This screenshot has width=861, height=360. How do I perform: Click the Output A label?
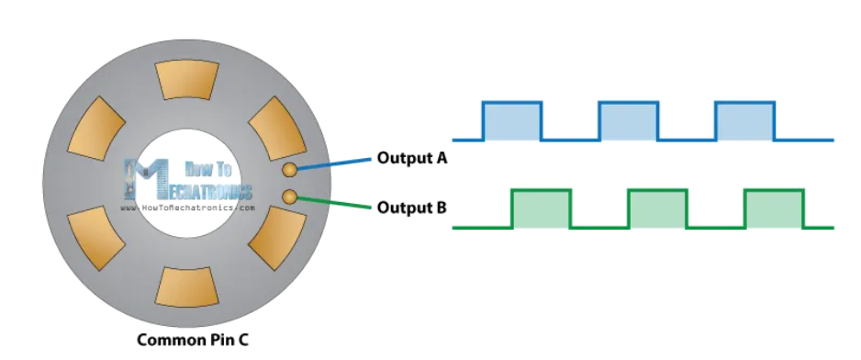click(412, 158)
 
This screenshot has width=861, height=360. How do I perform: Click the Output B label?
click(412, 208)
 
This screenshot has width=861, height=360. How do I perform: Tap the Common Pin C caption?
click(192, 340)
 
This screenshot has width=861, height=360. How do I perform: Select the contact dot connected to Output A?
click(289, 170)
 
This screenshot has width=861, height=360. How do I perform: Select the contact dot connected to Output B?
click(289, 197)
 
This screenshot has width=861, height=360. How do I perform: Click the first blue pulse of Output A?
click(512, 121)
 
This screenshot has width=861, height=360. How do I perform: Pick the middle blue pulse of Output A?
click(629, 121)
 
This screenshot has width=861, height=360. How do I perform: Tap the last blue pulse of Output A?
click(745, 121)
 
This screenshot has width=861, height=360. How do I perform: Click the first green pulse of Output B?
click(542, 208)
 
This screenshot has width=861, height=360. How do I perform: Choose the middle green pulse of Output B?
click(658, 208)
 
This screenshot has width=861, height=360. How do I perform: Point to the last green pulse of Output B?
click(774, 208)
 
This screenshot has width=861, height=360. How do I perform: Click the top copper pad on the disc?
click(187, 80)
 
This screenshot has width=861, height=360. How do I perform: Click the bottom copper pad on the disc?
click(187, 287)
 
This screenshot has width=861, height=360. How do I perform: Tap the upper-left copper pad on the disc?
click(96, 129)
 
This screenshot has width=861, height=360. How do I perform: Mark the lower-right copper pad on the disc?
click(278, 238)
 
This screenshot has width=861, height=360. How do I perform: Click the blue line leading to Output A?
click(334, 164)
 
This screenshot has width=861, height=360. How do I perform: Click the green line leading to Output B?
click(334, 202)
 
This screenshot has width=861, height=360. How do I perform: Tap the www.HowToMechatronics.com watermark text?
click(187, 208)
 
